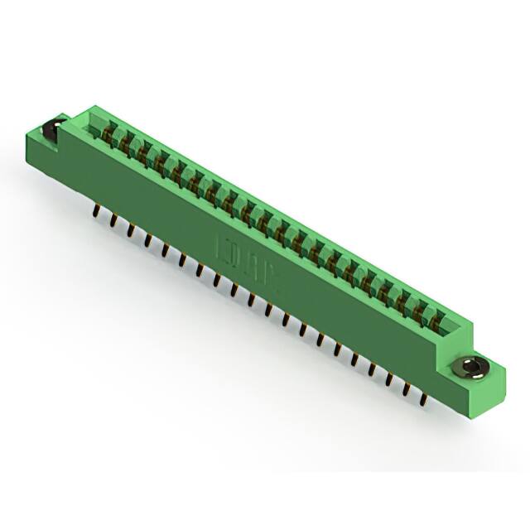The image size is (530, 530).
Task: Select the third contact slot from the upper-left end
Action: (x=142, y=152)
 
